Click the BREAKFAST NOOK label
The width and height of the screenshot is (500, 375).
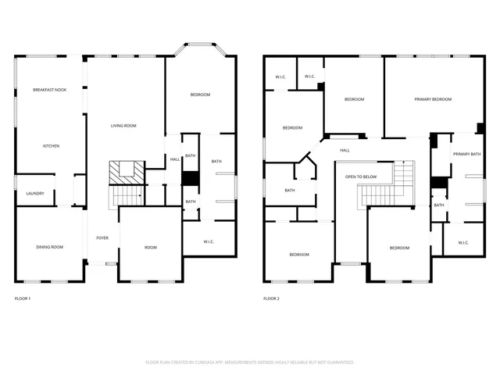[49, 90]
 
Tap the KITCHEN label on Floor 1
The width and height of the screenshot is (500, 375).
[51, 146]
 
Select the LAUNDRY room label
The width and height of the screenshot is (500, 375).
[35, 194]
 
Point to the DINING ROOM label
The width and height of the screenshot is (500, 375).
[49, 247]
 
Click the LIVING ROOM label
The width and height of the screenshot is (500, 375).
[123, 125]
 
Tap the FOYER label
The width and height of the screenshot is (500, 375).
[102, 237]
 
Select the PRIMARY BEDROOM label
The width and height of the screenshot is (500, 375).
[434, 99]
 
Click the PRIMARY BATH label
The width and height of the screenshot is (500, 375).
[466, 155]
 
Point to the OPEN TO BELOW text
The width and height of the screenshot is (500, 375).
[361, 177]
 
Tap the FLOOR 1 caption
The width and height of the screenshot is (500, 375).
[23, 298]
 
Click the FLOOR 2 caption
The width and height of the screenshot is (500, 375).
[271, 298]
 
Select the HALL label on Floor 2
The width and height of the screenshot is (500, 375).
[345, 150]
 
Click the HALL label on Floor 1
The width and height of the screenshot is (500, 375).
[175, 159]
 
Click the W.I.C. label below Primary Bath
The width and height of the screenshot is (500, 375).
[462, 242]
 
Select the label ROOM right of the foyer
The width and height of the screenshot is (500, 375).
[151, 247]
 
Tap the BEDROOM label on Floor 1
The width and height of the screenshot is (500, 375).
[200, 95]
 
